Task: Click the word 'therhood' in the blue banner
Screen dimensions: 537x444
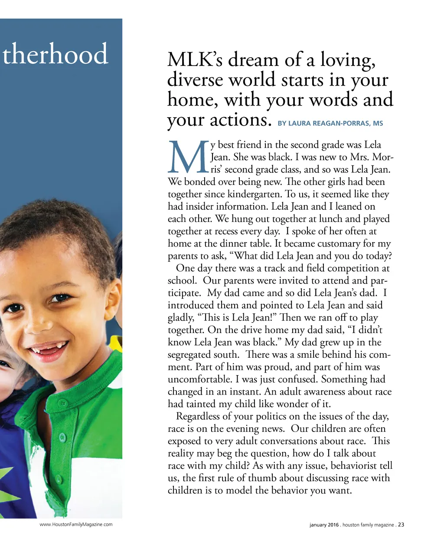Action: (x=55, y=54)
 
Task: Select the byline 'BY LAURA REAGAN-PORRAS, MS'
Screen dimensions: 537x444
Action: (x=330, y=123)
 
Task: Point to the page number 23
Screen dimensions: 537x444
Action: (x=401, y=524)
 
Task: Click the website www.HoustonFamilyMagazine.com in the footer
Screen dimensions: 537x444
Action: (x=76, y=524)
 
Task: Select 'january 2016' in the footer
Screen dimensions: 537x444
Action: (x=324, y=525)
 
